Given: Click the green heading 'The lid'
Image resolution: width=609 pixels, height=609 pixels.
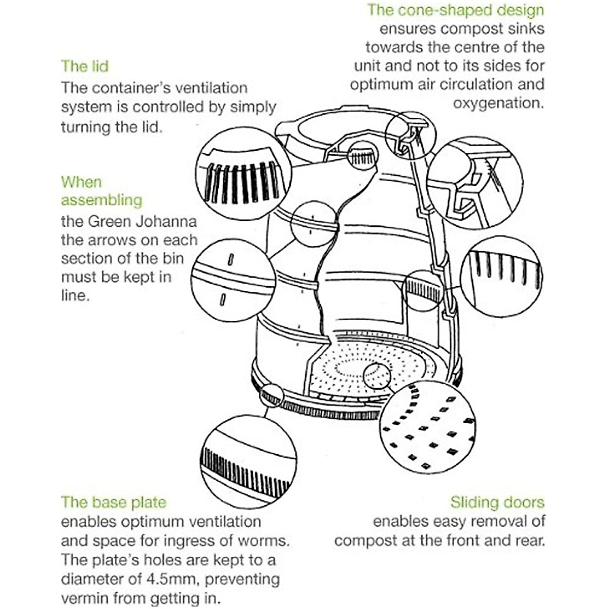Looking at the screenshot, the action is pyautogui.click(x=85, y=66).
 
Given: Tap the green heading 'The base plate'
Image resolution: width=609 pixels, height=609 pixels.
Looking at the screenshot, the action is pyautogui.click(x=114, y=502).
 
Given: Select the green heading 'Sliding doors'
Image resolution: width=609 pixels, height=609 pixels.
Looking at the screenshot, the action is pyautogui.click(x=497, y=502).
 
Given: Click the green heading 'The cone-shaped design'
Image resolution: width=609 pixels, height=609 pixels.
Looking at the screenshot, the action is pyautogui.click(x=455, y=10).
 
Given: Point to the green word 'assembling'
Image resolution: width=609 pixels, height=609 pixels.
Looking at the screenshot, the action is pyautogui.click(x=101, y=200).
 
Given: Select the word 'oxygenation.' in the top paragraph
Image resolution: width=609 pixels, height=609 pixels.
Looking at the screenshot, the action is pyautogui.click(x=498, y=103).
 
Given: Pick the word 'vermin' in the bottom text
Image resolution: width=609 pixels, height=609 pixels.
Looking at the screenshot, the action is pyautogui.click(x=83, y=598).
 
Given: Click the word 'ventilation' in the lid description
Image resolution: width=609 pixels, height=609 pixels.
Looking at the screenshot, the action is pyautogui.click(x=211, y=88).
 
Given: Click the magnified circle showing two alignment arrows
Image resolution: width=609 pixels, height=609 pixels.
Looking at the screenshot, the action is pyautogui.click(x=232, y=281).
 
